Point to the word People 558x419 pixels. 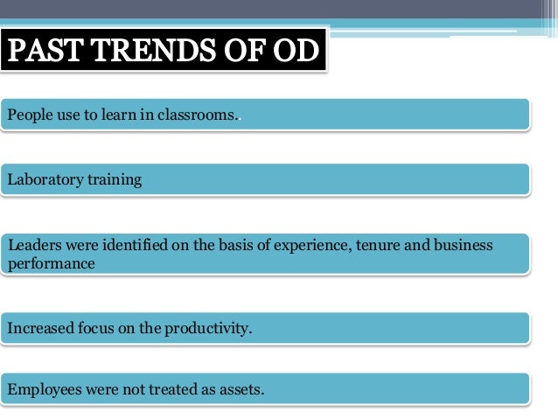pyautogui.click(x=27, y=115)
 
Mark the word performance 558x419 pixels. pyautogui.click(x=51, y=262)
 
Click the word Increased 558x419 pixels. pyautogui.click(x=38, y=329)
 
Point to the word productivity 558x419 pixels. pyautogui.click(x=207, y=329)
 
